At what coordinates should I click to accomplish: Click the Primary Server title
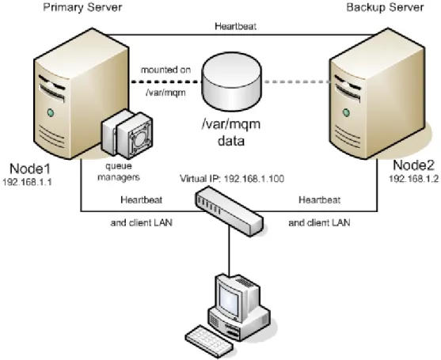coord(82,7)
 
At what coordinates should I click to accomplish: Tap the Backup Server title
coord(385,7)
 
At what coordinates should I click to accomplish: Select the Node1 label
coord(30,169)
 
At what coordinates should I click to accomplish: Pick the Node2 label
coord(413,165)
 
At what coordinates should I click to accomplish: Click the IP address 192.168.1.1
coord(27,182)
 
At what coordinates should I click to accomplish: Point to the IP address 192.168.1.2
coord(413,179)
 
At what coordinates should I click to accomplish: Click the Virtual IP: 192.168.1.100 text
coord(232,179)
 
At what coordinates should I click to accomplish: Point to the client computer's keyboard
coord(209,342)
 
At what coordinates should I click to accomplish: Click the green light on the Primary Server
coord(51,113)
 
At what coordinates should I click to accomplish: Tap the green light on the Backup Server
coord(347,113)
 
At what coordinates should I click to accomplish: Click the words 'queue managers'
coord(119,172)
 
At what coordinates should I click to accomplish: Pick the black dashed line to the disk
coord(166,82)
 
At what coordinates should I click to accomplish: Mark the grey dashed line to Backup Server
coord(296,82)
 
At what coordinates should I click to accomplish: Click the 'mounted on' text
coord(165,70)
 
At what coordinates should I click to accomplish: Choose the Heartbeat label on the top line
coord(236,26)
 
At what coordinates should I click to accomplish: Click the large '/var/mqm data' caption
coord(231,133)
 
